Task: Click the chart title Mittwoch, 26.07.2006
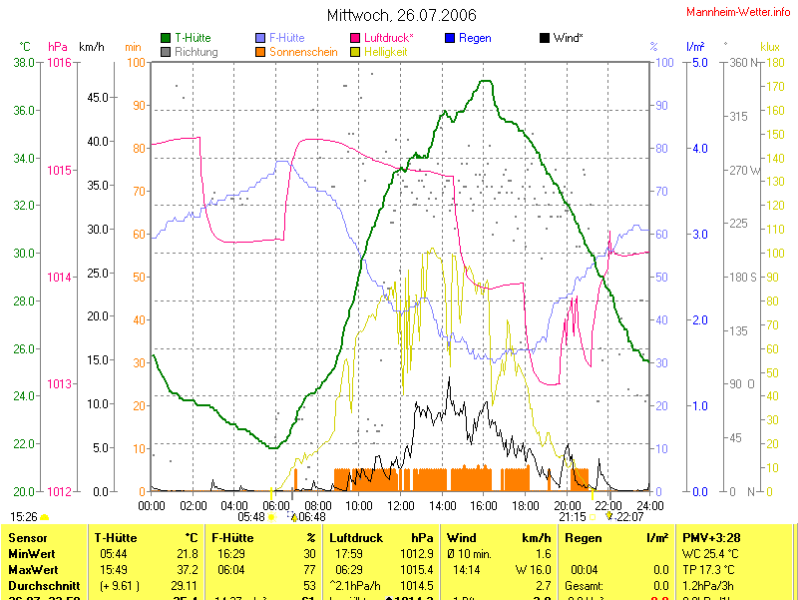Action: [x=402, y=16]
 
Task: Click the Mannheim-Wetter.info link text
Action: [x=737, y=11]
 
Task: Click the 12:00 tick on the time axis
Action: [x=400, y=505]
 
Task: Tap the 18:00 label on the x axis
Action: [x=525, y=505]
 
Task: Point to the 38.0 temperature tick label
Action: [x=24, y=63]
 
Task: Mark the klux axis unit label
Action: [x=769, y=46]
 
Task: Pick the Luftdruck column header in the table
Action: [x=356, y=537]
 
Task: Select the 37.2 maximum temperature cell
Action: [x=187, y=569]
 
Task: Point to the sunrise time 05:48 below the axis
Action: [x=251, y=517]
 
